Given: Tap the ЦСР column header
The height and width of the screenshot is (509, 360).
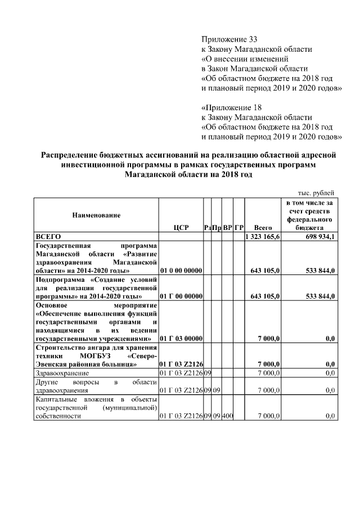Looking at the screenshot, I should point(181,228).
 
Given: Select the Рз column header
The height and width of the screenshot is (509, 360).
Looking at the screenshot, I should point(208,228).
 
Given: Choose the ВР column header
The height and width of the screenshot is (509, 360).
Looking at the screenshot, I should point(227,228).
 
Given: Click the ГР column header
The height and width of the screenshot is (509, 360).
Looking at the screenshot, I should point(238,228).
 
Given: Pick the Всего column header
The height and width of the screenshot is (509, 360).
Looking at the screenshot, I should point(263,228).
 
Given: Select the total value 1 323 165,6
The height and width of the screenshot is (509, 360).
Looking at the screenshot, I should point(263,237).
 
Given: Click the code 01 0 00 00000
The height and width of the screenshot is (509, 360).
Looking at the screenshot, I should point(181,271).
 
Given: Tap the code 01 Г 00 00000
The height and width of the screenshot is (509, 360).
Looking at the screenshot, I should point(181,295).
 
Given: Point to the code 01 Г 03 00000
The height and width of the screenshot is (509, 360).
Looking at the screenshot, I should point(181,339).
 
